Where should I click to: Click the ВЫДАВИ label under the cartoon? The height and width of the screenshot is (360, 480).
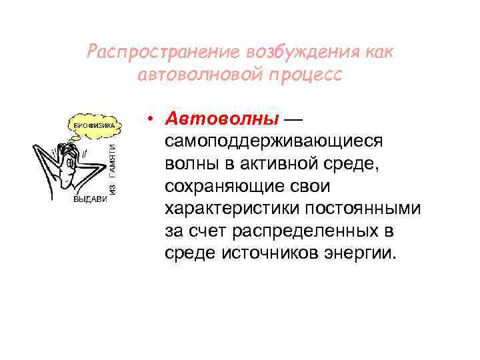click(x=90, y=199)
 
